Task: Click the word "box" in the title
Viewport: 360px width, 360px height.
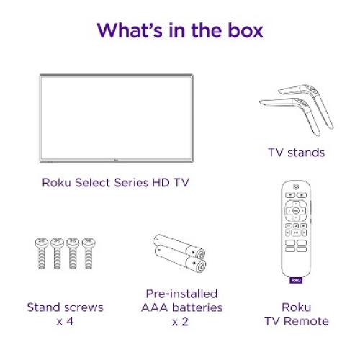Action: (x=243, y=31)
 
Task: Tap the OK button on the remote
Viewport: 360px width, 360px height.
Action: (x=295, y=211)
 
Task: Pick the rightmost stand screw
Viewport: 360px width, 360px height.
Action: (x=88, y=252)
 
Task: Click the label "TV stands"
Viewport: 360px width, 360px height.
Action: (x=294, y=152)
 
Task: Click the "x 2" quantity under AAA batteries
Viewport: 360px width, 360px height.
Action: (x=180, y=321)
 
